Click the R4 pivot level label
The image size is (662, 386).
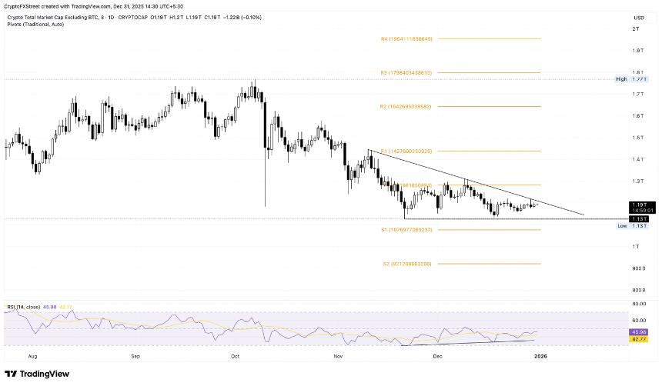407,38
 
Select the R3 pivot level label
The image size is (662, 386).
407,72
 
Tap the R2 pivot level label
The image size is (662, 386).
407,106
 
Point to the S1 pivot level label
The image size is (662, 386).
407,229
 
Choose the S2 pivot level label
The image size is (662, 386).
407,264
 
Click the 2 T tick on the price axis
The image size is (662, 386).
636,28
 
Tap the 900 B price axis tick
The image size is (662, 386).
638,268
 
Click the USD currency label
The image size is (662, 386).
638,18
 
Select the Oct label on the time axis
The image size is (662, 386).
236,357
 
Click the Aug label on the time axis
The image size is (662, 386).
32,357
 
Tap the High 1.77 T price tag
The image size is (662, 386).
633,78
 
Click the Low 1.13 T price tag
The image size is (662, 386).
633,226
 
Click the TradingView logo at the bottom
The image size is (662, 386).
37,374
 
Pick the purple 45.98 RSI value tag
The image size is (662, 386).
639,331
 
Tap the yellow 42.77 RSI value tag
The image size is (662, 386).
639,338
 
